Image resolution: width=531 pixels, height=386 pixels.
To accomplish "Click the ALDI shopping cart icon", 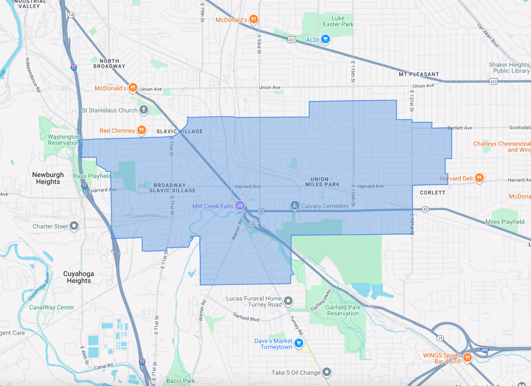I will [x=325, y=39].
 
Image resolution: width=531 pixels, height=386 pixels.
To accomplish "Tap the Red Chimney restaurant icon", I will [x=141, y=130].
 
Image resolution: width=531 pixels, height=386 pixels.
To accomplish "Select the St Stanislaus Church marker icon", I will [x=144, y=110].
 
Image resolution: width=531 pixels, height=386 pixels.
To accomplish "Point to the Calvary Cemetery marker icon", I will [x=294, y=205].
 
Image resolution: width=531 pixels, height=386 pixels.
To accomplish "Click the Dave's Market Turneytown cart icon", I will [x=298, y=343].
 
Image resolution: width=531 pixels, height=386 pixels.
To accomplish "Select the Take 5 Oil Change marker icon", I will [x=326, y=372].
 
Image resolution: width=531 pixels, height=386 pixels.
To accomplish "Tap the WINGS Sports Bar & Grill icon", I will [x=468, y=357].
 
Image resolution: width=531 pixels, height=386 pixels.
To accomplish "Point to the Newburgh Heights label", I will [x=48, y=178].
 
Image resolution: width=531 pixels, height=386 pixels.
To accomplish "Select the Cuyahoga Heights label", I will [x=79, y=277].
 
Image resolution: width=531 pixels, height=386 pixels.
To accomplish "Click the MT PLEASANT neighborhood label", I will [x=419, y=74].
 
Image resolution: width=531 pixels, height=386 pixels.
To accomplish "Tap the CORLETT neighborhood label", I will [x=432, y=192].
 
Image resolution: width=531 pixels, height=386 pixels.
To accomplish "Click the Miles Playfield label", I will [x=505, y=222].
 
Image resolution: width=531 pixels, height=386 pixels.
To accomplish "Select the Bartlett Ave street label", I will [x=460, y=128].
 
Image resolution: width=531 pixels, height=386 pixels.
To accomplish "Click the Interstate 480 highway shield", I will [x=486, y=350].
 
